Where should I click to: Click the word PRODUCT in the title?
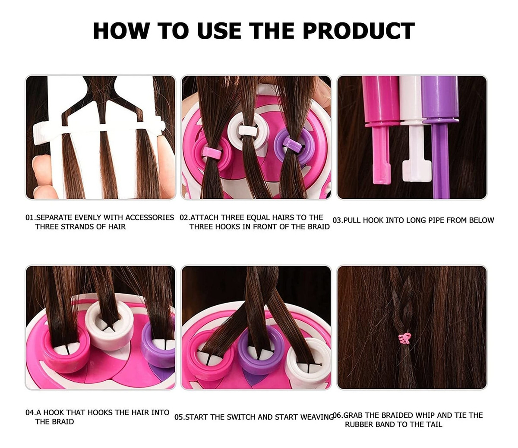point(359,31)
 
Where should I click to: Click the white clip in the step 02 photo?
point(248,130)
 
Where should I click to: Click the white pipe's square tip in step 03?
point(417,171)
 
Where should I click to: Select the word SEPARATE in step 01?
point(54,217)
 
